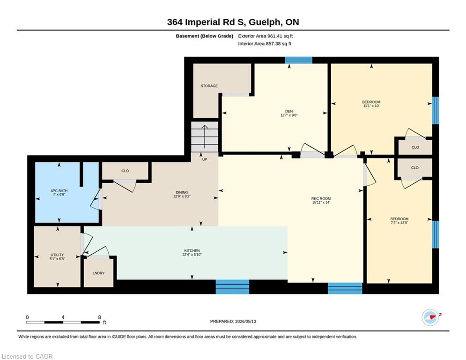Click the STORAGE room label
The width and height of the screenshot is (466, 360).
pyautogui.click(x=209, y=86)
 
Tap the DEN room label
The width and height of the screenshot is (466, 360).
pyautogui.click(x=289, y=111)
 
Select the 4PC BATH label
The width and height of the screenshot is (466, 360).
pyautogui.click(x=59, y=191)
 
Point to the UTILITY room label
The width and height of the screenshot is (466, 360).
pyautogui.click(x=57, y=255)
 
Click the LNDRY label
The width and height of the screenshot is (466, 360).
pyautogui.click(x=98, y=273)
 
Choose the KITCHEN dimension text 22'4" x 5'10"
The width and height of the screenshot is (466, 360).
pyautogui.click(x=192, y=255)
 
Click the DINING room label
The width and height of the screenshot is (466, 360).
pyautogui.click(x=182, y=193)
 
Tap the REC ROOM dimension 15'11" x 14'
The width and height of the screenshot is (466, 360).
pyautogui.click(x=321, y=202)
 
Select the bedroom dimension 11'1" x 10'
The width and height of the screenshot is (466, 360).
pyautogui.click(x=371, y=106)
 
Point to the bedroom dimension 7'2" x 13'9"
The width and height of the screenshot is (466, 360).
pyautogui.click(x=399, y=223)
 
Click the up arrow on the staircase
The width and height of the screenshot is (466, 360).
pyautogui.click(x=205, y=136)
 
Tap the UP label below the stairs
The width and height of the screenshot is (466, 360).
pyautogui.click(x=205, y=159)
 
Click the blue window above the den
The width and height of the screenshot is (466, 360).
pyautogui.click(x=298, y=60)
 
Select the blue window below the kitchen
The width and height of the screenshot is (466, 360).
pyautogui.click(x=232, y=287)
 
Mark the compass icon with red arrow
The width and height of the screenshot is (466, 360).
pyautogui.click(x=430, y=317)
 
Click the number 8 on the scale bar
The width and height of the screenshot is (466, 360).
pyautogui.click(x=100, y=317)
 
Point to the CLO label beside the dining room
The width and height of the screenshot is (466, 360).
pyautogui.click(x=125, y=171)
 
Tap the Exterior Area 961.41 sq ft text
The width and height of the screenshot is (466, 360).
pyautogui.click(x=266, y=36)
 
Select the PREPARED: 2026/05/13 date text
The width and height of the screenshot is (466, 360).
pyautogui.click(x=233, y=321)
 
